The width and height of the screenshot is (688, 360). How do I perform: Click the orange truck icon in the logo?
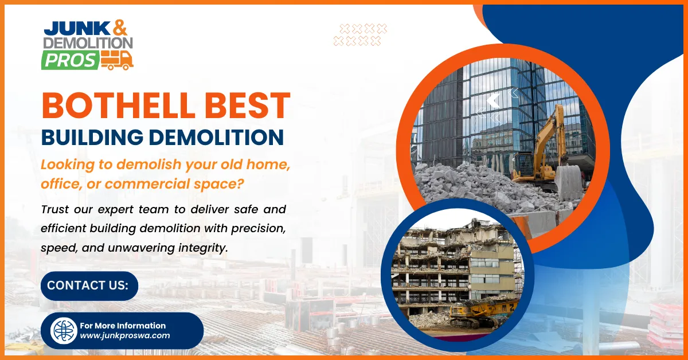(x=117, y=60)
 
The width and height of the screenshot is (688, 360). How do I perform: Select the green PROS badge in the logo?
(x=69, y=60)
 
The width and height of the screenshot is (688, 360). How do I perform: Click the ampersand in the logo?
(x=120, y=26)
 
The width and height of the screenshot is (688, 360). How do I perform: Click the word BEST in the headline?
(x=244, y=106)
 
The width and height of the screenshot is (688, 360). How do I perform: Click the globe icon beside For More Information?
(x=64, y=331)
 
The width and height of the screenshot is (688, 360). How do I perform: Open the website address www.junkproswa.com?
(x=124, y=336)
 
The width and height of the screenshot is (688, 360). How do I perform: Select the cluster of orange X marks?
(x=360, y=34)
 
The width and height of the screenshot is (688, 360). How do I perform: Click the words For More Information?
(x=123, y=326)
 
